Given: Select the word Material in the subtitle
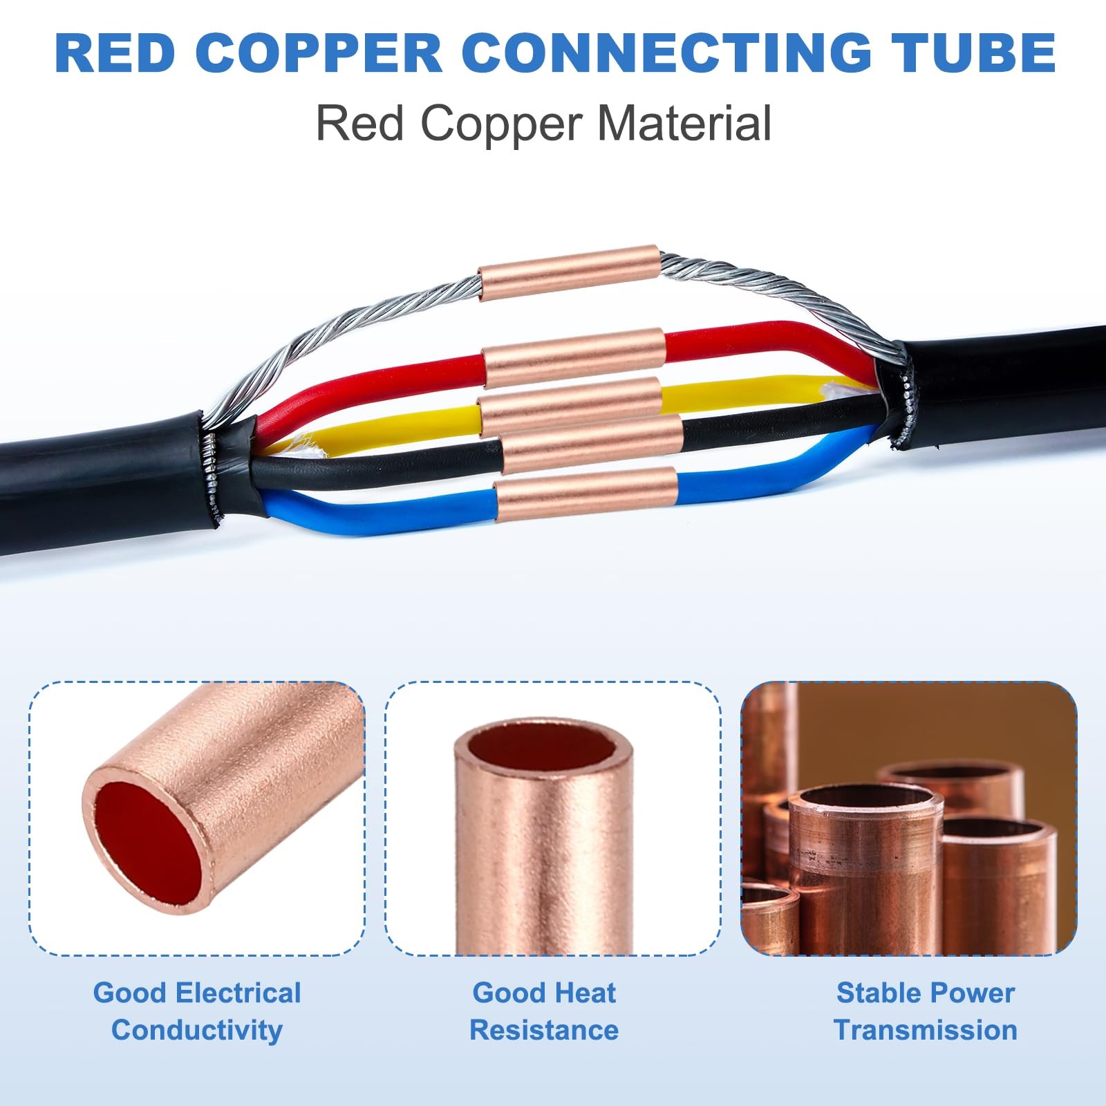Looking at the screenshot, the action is tap(684, 124).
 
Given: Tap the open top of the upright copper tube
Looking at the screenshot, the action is tap(543, 750).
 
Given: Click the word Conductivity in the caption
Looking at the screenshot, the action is tap(197, 1030).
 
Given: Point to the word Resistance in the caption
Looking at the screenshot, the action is tap(544, 1030).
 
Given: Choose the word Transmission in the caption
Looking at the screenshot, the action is tap(926, 1030).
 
